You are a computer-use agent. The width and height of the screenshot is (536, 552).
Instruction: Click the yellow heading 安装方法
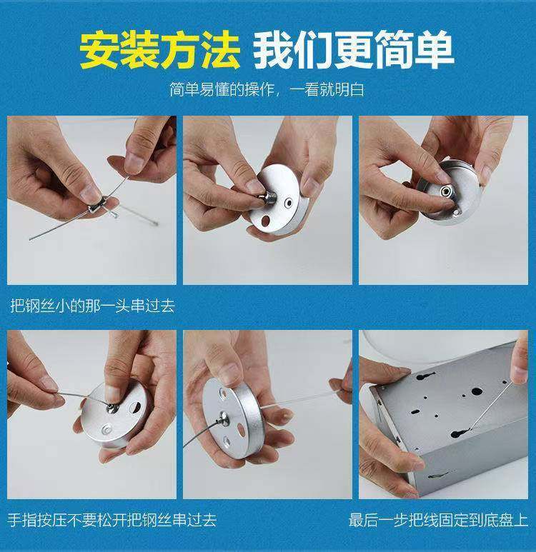pos(159,49)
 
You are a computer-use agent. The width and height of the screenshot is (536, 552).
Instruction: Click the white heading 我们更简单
pos(354,49)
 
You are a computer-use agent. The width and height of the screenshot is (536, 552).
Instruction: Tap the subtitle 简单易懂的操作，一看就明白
pos(267,89)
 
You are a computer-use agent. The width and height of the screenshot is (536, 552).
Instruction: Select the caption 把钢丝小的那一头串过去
pos(92,306)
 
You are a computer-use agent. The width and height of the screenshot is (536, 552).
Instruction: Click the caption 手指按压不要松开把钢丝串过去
pos(112,520)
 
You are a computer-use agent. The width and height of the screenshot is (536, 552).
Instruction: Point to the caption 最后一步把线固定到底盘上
pos(438,520)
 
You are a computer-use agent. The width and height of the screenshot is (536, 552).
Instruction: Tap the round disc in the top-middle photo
pos(278,199)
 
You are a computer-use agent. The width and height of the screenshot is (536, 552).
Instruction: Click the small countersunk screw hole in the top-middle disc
pos(289,203)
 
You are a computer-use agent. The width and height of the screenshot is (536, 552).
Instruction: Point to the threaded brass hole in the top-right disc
pos(445,191)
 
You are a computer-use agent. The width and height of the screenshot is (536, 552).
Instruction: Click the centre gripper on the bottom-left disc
pos(112,408)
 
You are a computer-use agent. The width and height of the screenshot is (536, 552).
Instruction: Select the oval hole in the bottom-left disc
pos(135,408)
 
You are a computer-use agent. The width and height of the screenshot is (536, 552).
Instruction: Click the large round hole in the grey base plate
pos(477,391)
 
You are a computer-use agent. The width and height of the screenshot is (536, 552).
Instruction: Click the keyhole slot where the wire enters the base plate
pos(460,433)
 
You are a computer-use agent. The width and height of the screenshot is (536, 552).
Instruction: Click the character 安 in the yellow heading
pos(99,49)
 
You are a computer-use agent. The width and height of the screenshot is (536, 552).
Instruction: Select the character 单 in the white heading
pos(434,49)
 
